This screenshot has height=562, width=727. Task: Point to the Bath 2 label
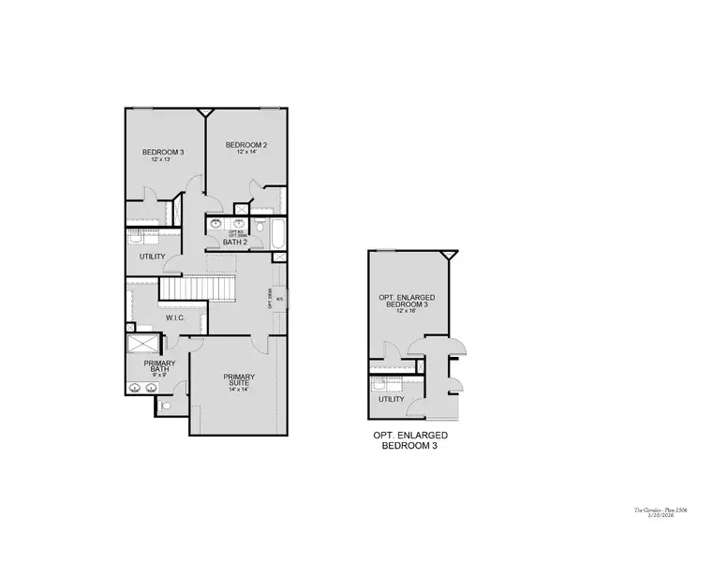coord(235,243)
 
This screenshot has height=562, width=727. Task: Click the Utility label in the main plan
coord(152,257)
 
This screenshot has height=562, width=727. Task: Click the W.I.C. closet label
coord(176,318)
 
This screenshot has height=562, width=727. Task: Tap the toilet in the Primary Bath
coord(166,406)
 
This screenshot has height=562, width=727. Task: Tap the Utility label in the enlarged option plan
coord(392,399)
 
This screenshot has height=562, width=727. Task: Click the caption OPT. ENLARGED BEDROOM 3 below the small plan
coord(409,441)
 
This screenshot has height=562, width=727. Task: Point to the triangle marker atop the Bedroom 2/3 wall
coord(205,112)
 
